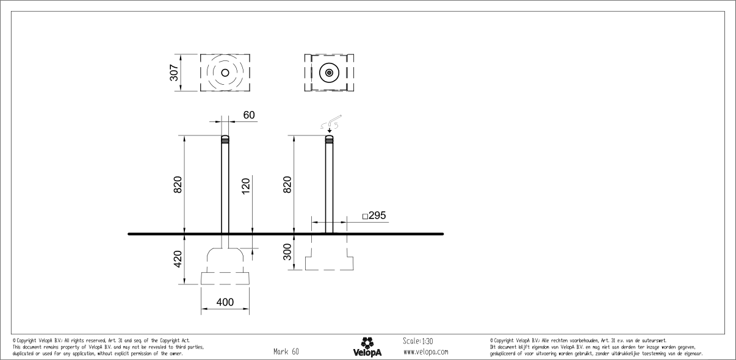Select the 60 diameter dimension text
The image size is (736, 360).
coord(249,115)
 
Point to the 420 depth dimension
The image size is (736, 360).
coord(178,259)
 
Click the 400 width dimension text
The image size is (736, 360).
coord(225,301)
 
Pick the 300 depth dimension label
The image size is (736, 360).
coord(287,251)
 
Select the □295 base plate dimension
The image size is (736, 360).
coord(373,215)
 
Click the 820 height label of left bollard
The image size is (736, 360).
coord(178,185)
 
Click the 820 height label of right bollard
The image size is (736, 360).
coord(287,185)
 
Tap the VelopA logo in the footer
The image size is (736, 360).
coord(367,347)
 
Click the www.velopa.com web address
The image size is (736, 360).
coord(425,352)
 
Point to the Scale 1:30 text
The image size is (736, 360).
coord(418,341)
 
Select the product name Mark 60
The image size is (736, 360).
coord(286,351)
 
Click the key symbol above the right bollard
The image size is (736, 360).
coord(330,123)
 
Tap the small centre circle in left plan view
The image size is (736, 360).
coord(225,73)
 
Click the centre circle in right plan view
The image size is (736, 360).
coord(330,73)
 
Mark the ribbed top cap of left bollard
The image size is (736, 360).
coord(225,139)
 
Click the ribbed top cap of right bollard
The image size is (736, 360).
coord(330,139)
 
